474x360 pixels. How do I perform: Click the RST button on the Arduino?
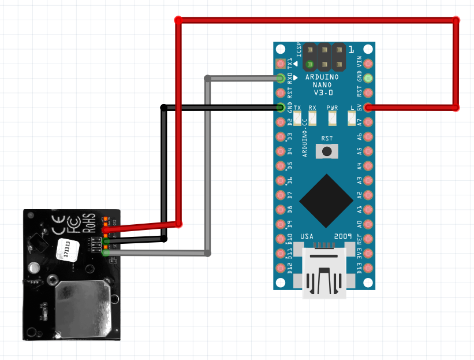click(328, 151)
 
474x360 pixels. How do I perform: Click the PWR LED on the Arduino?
click(332, 118)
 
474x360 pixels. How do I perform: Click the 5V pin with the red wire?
click(368, 107)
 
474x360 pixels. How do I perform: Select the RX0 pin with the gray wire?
click(281, 78)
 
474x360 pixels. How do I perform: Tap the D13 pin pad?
click(368, 267)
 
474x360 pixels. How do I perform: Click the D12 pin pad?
click(281, 267)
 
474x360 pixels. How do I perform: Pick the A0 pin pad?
click(368, 224)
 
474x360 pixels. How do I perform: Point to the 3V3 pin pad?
click(368, 253)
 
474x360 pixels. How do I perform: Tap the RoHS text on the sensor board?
click(89, 222)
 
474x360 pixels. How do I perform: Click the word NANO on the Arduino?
click(326, 85)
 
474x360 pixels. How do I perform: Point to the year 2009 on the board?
click(343, 237)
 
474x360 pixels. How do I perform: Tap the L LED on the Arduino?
click(352, 118)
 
